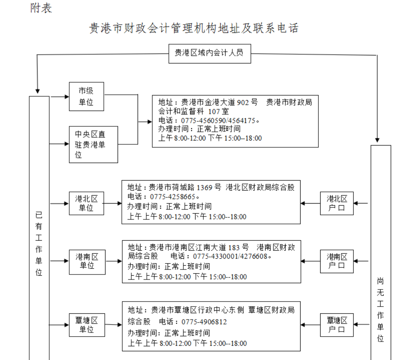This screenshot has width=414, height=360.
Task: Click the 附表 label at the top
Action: pyautogui.click(x=41, y=8)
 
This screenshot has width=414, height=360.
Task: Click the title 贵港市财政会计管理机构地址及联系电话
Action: pyautogui.click(x=194, y=28)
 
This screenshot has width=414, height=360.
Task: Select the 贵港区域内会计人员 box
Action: pyautogui.click(x=209, y=53)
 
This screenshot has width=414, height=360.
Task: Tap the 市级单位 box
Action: pyautogui.click(x=86, y=96)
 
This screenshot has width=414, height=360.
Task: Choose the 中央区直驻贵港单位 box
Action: pyautogui.click(x=93, y=144)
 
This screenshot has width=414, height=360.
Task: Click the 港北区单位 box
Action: pyautogui.click(x=86, y=203)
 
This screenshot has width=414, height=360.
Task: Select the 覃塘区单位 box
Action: pyautogui.click(x=86, y=325)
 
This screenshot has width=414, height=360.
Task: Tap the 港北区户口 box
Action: pyautogui.click(x=336, y=203)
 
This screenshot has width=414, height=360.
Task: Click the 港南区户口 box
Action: pyautogui.click(x=336, y=261)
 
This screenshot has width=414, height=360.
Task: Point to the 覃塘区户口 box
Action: pyautogui.click(x=336, y=325)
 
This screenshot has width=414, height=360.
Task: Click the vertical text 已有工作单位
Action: pyautogui.click(x=39, y=244)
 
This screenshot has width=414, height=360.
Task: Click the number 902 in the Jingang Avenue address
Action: pyautogui.click(x=243, y=102)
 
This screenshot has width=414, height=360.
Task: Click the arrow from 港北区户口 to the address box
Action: pyautogui.click(x=310, y=204)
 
